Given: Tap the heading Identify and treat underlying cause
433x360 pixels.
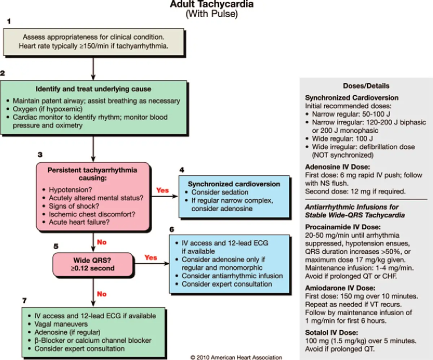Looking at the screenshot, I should point(94,89).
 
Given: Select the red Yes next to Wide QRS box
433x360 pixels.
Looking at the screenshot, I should point(151,258).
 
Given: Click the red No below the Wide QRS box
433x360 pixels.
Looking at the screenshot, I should point(102,294).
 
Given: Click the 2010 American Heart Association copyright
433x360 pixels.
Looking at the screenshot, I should point(236,357).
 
